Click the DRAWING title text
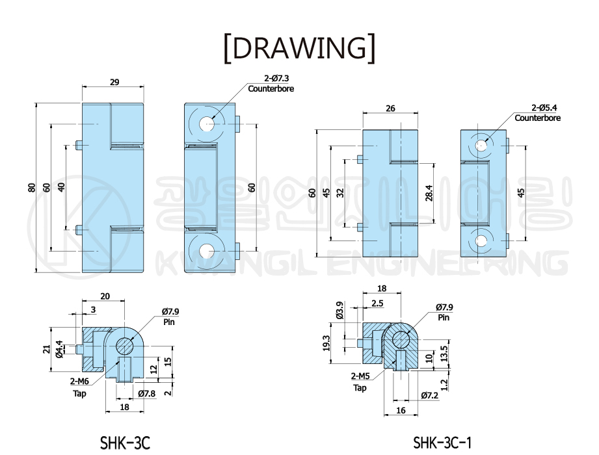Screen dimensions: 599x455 [x=299, y=48]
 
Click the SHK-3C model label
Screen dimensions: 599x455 [x=125, y=443]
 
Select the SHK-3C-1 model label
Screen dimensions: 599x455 [x=442, y=443]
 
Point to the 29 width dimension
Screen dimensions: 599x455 [x=114, y=82]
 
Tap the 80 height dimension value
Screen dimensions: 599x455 [x=32, y=188]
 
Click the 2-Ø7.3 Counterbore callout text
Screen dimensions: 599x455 [x=271, y=84]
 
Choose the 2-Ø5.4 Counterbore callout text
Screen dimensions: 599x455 [x=537, y=113]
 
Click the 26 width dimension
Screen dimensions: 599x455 [x=390, y=109]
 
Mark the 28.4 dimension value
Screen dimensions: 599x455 [x=429, y=193]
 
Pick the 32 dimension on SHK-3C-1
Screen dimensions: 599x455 [x=340, y=193]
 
